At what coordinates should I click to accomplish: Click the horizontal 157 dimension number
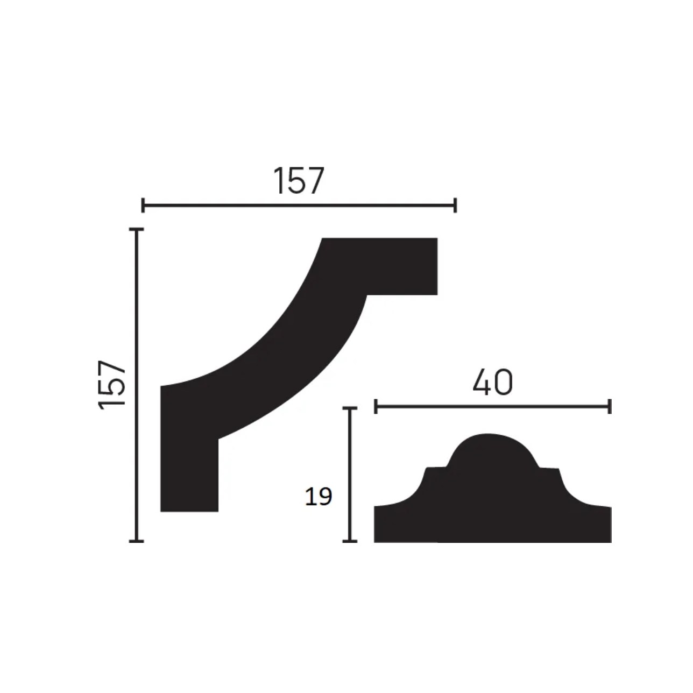pos(299,181)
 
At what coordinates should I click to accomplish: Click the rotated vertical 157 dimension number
pos(111,385)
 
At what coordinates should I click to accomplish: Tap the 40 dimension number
pos(492,383)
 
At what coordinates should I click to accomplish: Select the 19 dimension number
pos(319,497)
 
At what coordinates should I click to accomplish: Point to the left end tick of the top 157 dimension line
pos(143,205)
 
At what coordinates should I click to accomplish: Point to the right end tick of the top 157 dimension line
pos(455,205)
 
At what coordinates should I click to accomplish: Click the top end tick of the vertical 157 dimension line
pos(136,229)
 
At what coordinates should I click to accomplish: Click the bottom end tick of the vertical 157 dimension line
pos(136,541)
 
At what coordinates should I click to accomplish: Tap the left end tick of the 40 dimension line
pos(376,406)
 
